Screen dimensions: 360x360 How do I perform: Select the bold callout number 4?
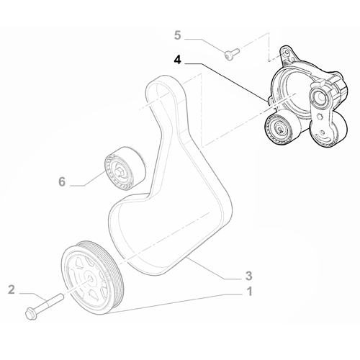tap(178, 62)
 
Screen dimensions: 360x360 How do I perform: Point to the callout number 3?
tap(248, 274)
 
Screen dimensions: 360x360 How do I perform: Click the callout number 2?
tap(11, 289)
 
